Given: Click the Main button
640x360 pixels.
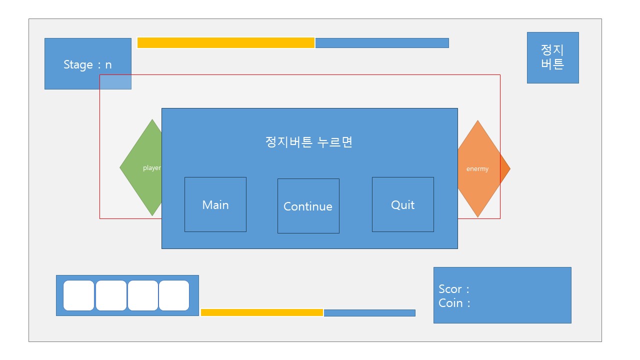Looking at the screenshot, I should point(215,204).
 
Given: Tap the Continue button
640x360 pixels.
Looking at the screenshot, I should point(308,206).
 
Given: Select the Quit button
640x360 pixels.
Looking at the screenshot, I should point(402,204).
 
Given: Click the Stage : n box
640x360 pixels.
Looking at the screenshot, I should point(87,64).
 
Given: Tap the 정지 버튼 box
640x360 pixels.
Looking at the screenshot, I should point(552,57).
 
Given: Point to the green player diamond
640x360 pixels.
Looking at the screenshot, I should point(142,168).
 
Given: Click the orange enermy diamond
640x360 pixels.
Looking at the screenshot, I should point(482,168).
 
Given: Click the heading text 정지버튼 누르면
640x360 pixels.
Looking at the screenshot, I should point(309,142).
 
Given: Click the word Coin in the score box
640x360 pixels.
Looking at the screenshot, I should point(451,303).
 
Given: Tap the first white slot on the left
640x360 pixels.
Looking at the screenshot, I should point(78,295).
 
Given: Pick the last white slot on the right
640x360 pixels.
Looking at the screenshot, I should point(174,295).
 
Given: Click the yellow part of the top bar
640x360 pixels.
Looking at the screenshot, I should point(226,43).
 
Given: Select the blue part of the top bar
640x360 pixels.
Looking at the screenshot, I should point(382,43).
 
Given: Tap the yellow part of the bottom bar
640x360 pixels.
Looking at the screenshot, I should point(262,312).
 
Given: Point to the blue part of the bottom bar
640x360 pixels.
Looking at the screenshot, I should point(369,313).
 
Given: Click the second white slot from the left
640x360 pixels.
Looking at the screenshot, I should point(111,295).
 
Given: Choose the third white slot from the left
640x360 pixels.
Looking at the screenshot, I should point(143,295).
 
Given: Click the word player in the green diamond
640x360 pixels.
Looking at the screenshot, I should point(151,168).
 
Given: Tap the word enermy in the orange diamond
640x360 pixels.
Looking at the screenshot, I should point(477,169).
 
